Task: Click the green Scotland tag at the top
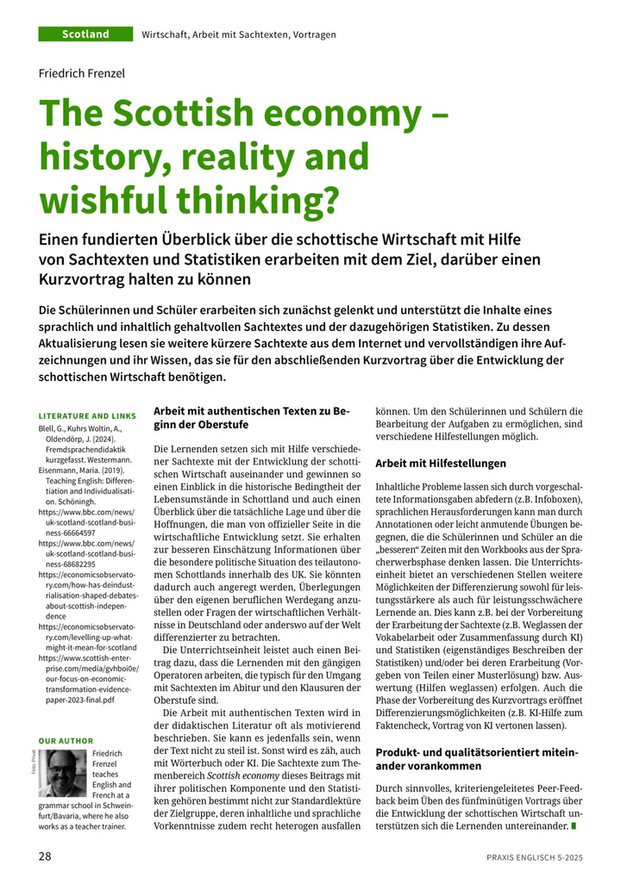(x=85, y=34)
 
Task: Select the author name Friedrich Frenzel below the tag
(x=82, y=74)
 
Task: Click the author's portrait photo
(x=66, y=774)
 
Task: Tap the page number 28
(x=43, y=856)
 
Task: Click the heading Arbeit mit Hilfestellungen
(x=441, y=464)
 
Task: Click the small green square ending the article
(x=574, y=828)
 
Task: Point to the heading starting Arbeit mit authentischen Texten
(x=250, y=418)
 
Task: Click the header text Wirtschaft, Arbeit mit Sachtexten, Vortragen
(x=239, y=34)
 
